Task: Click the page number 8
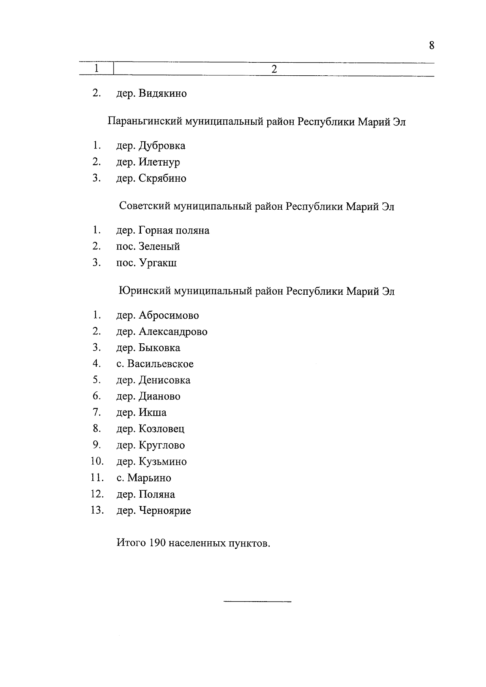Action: (x=431, y=45)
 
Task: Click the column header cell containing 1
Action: (x=96, y=68)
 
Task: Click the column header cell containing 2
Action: (x=274, y=69)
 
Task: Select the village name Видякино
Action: (x=163, y=94)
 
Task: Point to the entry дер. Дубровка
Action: (x=151, y=146)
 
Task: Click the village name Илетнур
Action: (x=159, y=162)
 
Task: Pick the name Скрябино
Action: (x=162, y=179)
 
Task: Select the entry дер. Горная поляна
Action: (x=163, y=231)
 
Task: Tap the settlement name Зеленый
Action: (x=159, y=247)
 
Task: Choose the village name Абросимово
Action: (x=169, y=315)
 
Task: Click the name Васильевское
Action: (x=160, y=364)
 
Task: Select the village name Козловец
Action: (x=161, y=429)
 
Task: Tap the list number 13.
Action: (x=97, y=510)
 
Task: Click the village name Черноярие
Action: (x=165, y=511)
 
